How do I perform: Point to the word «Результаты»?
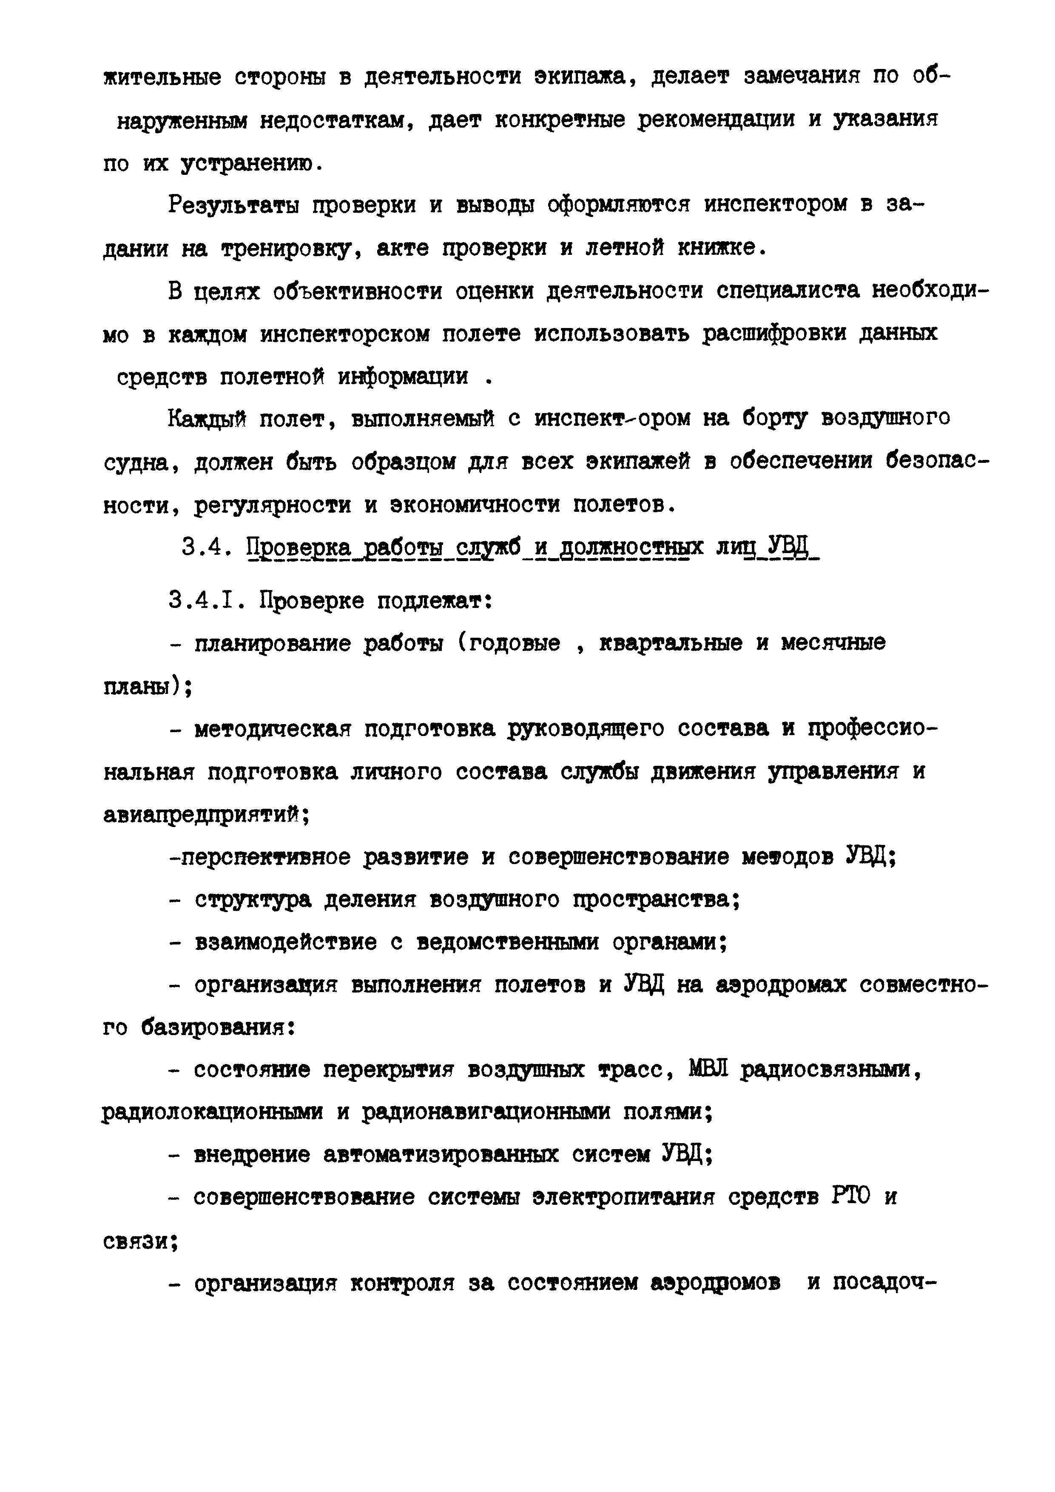(233, 206)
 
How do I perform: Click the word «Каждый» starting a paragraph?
(207, 419)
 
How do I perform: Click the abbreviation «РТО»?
(850, 1197)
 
